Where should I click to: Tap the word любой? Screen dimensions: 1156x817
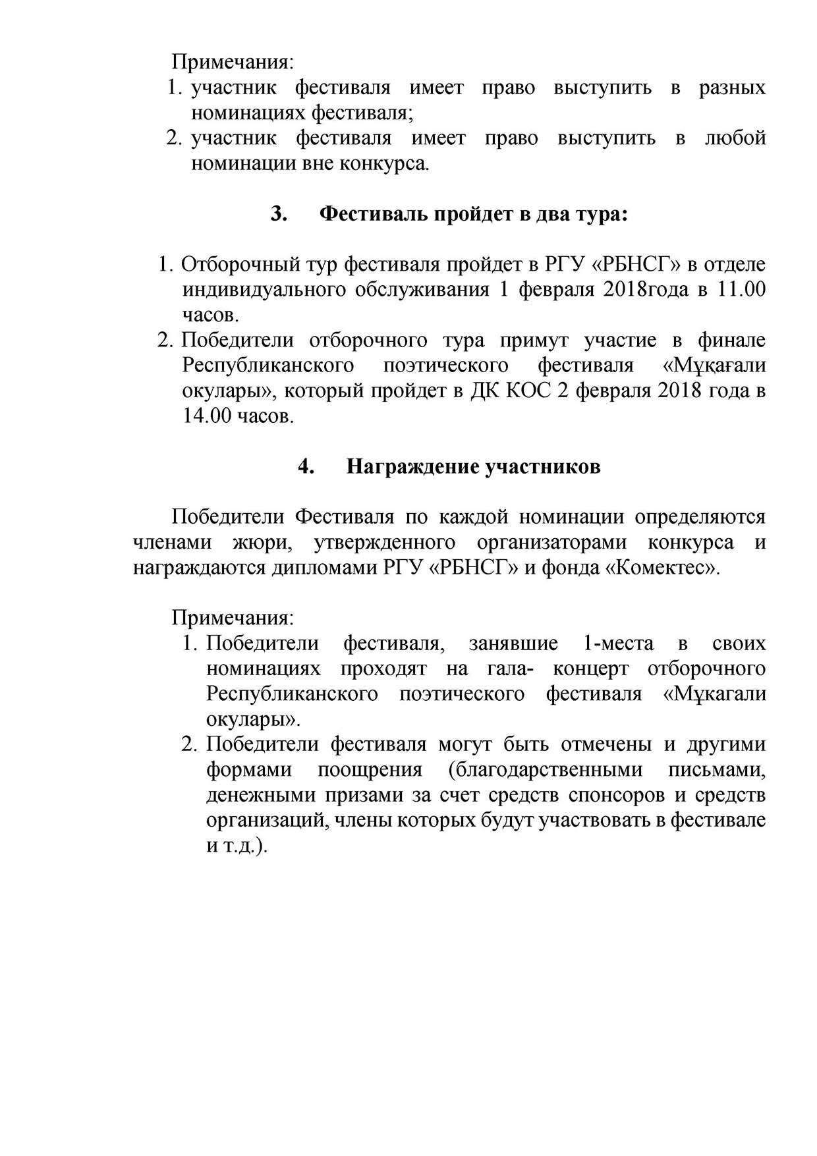tap(735, 139)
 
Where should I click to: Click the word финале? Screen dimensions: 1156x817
tap(732, 341)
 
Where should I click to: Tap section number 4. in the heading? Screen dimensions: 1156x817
tap(305, 467)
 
